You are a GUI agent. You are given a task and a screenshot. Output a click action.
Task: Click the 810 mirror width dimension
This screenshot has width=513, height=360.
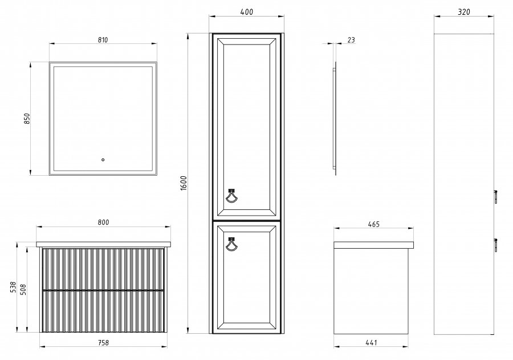pyautogui.click(x=103, y=40)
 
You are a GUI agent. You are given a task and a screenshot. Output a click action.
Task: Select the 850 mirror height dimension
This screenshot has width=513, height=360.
pyautogui.click(x=27, y=118)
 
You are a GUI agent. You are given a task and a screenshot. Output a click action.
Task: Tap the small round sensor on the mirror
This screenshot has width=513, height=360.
pyautogui.click(x=103, y=160)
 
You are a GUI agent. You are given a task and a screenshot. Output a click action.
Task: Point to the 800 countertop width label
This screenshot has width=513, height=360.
pyautogui.click(x=103, y=223)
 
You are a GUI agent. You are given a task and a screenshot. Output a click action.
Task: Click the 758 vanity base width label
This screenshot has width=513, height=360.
pyautogui.click(x=103, y=343)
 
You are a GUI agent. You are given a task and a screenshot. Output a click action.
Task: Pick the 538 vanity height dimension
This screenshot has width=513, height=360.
pyautogui.click(x=13, y=287)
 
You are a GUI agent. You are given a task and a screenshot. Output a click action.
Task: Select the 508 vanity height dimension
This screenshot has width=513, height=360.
pyautogui.click(x=23, y=290)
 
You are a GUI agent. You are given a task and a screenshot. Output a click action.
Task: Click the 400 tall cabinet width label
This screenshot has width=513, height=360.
pyautogui.click(x=247, y=12)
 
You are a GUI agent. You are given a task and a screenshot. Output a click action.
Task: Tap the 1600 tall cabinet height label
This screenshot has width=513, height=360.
pyautogui.click(x=184, y=183)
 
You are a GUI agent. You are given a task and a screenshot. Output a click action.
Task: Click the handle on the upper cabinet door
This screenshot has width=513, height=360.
pyautogui.click(x=231, y=196)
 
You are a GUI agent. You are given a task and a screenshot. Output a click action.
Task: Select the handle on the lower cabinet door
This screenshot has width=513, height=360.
pyautogui.click(x=231, y=244)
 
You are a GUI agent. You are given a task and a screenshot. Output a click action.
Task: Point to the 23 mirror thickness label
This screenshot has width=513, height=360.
pyautogui.click(x=351, y=40)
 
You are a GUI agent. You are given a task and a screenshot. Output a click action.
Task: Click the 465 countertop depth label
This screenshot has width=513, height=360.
pyautogui.click(x=373, y=224)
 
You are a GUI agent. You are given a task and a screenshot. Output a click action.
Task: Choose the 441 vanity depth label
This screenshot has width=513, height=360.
pyautogui.click(x=371, y=343)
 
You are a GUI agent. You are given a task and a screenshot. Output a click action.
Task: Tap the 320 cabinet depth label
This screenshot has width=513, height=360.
pyautogui.click(x=464, y=12)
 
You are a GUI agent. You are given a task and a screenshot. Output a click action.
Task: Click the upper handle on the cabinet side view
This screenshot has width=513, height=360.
pyautogui.click(x=496, y=196)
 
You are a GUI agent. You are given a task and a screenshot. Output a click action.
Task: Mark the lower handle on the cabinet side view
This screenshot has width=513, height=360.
pyautogui.click(x=496, y=245)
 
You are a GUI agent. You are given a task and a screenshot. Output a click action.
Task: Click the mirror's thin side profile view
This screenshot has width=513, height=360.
pyautogui.click(x=335, y=118)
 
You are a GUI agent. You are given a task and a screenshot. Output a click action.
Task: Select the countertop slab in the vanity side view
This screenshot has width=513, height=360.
pyautogui.click(x=373, y=245)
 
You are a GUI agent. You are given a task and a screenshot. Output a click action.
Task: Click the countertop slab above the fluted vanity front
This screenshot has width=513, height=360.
pyautogui.click(x=103, y=244)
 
